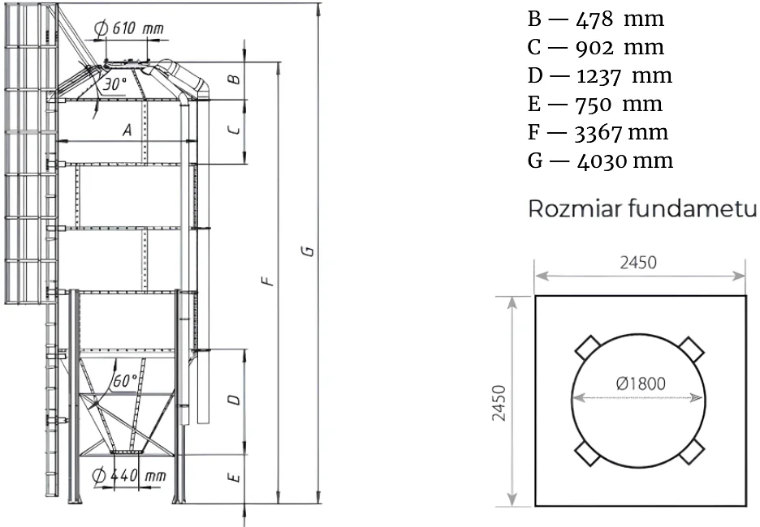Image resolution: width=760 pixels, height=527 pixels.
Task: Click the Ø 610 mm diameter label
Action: click(x=129, y=28)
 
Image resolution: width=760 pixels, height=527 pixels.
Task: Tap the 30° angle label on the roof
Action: click(x=114, y=84)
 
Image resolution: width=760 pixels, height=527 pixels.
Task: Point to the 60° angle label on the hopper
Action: click(x=124, y=381)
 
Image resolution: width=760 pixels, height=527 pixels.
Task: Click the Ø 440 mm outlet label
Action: click(x=129, y=476)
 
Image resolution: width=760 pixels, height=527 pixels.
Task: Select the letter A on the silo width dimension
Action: click(x=127, y=131)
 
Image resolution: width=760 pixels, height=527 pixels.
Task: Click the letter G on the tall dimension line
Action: click(x=308, y=251)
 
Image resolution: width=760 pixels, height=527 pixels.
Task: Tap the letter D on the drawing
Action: click(x=234, y=400)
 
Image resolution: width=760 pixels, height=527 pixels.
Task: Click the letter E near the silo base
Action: click(x=234, y=478)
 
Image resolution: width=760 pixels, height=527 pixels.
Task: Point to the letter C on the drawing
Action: click(x=234, y=131)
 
